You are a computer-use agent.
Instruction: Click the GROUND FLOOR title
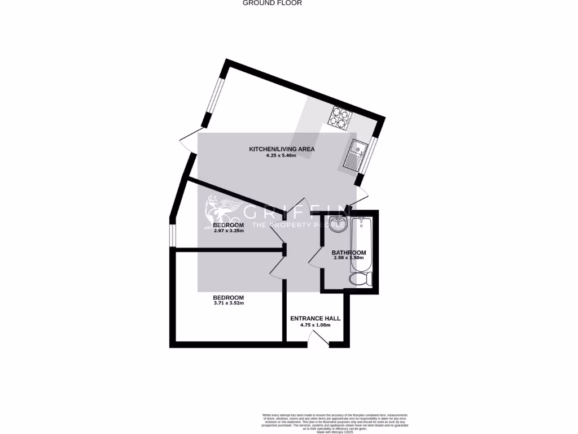click(x=272, y=3)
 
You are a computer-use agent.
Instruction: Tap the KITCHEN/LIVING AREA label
click(x=282, y=149)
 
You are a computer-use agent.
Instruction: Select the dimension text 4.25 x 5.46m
click(x=282, y=156)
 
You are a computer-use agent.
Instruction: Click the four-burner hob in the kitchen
click(x=340, y=117)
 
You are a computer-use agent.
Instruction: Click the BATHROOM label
click(x=348, y=253)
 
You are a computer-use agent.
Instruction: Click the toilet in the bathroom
click(x=360, y=279)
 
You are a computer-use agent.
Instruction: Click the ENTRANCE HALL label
click(x=315, y=319)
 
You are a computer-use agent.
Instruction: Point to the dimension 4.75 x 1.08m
click(x=315, y=325)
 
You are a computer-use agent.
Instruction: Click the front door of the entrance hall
click(x=319, y=338)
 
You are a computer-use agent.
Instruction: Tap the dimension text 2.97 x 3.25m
click(x=229, y=231)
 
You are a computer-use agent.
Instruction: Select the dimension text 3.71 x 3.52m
click(x=228, y=303)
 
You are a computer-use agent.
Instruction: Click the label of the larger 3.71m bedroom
click(x=228, y=298)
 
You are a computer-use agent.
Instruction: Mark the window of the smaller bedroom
click(x=173, y=236)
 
